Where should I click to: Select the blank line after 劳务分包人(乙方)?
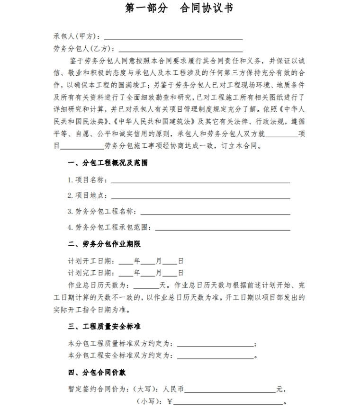pyautogui.click(x=180, y=49)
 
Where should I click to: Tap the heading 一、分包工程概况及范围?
pyautogui.click(x=108, y=163)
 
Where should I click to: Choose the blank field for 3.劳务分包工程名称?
pyautogui.click(x=215, y=212)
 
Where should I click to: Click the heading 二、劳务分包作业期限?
pyautogui.click(x=104, y=244)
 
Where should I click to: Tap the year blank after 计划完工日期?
pyautogui.click(x=126, y=274)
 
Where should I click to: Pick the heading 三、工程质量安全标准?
pyautogui.click(x=104, y=327)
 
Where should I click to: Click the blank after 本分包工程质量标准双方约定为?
pyautogui.click(x=215, y=344)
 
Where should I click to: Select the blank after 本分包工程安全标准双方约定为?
pyautogui.click(x=215, y=356)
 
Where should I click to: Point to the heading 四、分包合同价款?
pyautogui.click(x=97, y=373)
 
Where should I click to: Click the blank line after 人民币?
pyautogui.click(x=230, y=391)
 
